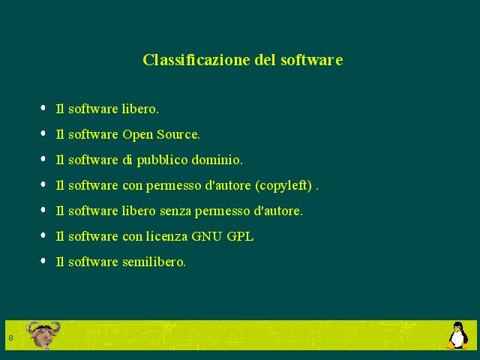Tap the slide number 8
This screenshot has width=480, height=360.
point(11,338)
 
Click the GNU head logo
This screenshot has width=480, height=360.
point(43,334)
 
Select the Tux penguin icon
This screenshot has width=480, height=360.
point(457,335)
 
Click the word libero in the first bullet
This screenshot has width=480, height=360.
point(140,109)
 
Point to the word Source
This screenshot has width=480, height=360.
point(178,134)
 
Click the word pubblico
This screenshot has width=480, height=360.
point(162,160)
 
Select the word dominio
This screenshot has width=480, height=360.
point(217,160)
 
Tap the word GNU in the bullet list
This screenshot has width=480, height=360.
point(207,236)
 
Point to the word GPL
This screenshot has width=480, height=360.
point(240,236)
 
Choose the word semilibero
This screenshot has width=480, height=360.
point(154,262)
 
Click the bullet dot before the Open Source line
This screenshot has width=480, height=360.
point(43,133)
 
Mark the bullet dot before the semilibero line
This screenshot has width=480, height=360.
point(43,260)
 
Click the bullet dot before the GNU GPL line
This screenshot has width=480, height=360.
point(43,235)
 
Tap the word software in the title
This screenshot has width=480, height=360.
point(312,60)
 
